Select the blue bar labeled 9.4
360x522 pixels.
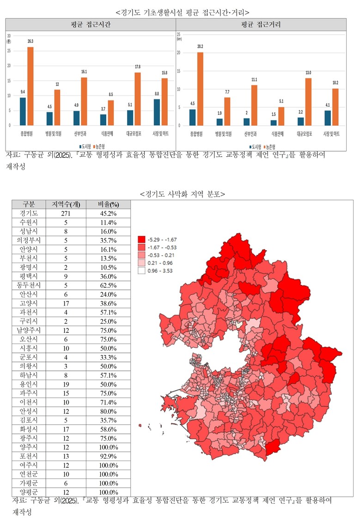[x=23, y=111]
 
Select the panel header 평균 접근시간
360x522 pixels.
[x=91, y=25]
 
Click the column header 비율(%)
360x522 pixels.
[x=108, y=204]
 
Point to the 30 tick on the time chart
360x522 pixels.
[x=9, y=36]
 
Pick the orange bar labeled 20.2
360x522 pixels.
[x=200, y=88]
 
